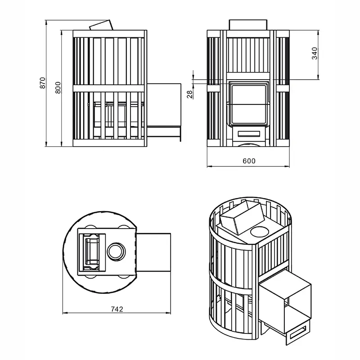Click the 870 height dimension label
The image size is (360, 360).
pyautogui.click(x=43, y=83)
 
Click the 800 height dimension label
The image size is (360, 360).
pyautogui.click(x=58, y=87)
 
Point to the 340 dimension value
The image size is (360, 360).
pyautogui.click(x=315, y=53)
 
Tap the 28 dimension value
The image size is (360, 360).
pyautogui.click(x=189, y=94)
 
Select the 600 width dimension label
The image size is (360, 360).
pyautogui.click(x=249, y=161)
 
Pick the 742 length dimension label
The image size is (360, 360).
pyautogui.click(x=117, y=309)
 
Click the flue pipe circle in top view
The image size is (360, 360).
pyautogui.click(x=117, y=252)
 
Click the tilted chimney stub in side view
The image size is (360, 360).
pyautogui.click(x=101, y=25)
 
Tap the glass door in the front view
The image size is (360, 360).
pyautogui.click(x=248, y=104)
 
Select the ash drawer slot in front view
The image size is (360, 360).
pyautogui.click(x=249, y=134)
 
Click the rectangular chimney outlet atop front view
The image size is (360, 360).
pyautogui.click(x=248, y=25)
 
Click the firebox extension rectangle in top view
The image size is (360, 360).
pyautogui.click(x=153, y=252)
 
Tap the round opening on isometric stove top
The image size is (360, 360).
pyautogui.click(x=260, y=231)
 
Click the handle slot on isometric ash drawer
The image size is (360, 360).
pyautogui.click(x=298, y=332)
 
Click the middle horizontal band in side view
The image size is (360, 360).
pyautogui.click(x=110, y=88)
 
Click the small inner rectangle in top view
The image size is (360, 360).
pyautogui.click(x=91, y=252)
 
